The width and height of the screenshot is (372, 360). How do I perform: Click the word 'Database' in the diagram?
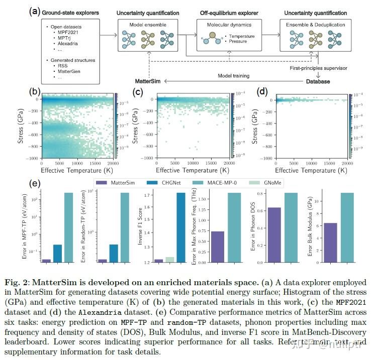pyautogui.click(x=319, y=81)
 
